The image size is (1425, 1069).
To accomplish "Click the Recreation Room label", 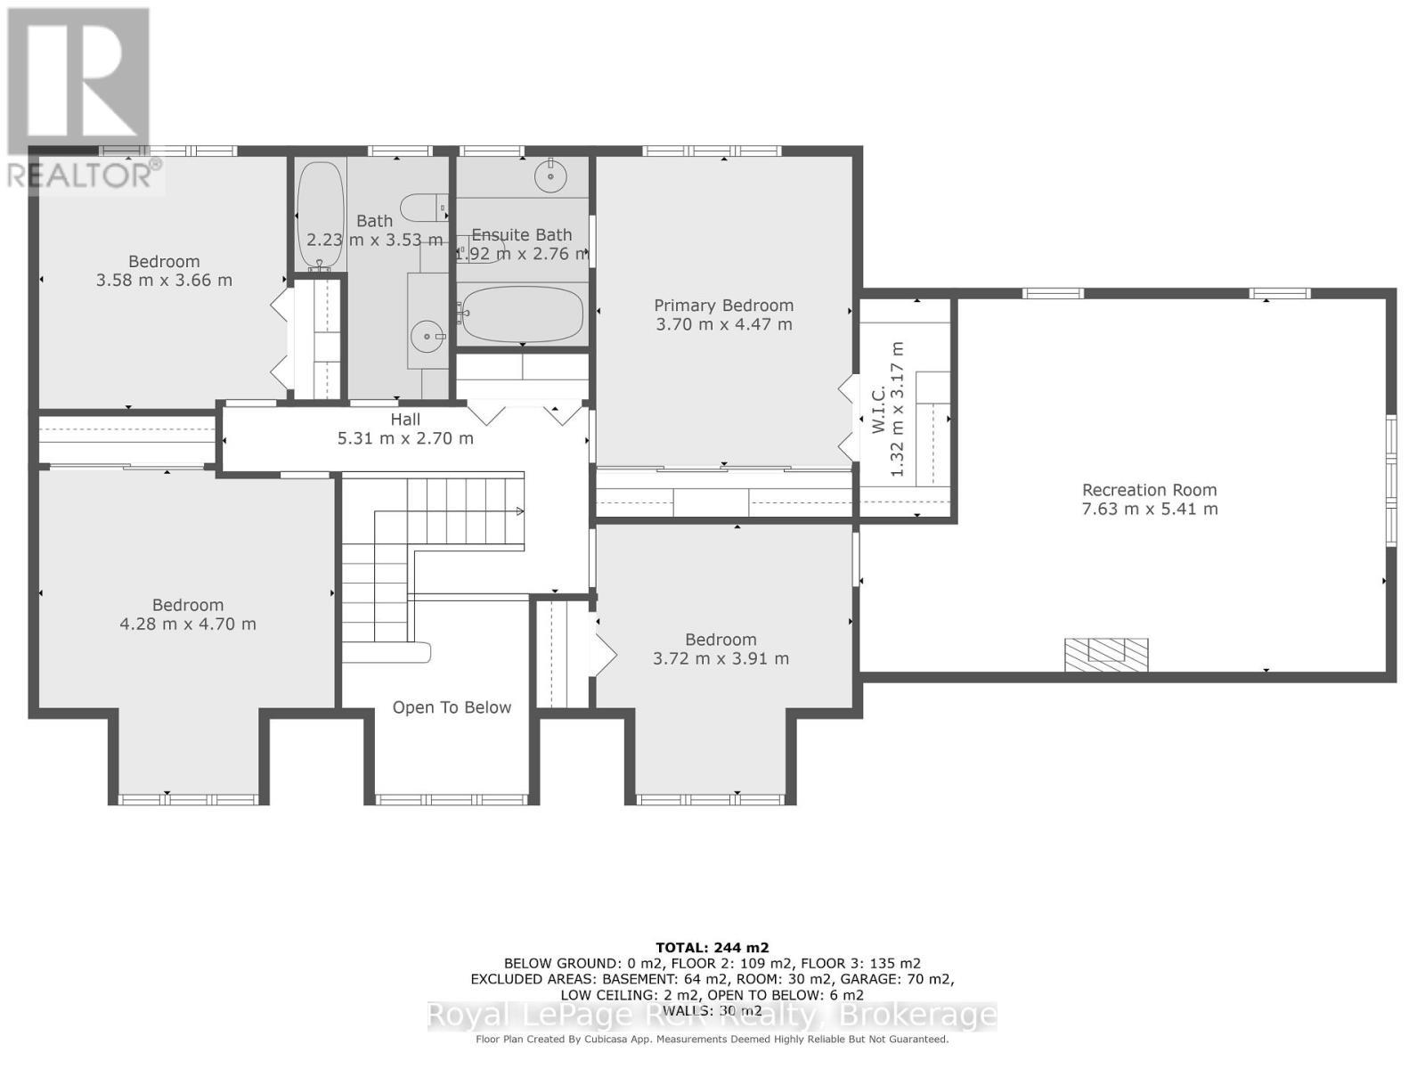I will pyautogui.click(x=1149, y=490).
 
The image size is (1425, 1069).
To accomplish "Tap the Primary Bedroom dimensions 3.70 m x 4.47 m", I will pyautogui.click(x=724, y=324).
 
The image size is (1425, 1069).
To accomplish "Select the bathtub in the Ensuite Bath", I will pyautogui.click(x=523, y=314).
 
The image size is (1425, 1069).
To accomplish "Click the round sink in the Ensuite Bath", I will pyautogui.click(x=551, y=176).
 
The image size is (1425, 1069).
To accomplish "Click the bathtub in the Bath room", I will pyautogui.click(x=321, y=214).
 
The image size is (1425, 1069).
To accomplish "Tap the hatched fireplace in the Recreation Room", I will pyautogui.click(x=1106, y=655).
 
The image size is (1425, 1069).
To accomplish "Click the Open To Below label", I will pyautogui.click(x=452, y=707).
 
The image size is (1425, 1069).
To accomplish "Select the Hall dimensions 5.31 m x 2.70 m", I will pyautogui.click(x=405, y=438).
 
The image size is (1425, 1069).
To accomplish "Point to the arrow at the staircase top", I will pyautogui.click(x=518, y=511).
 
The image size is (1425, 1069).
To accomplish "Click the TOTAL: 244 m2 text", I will pyautogui.click(x=712, y=948).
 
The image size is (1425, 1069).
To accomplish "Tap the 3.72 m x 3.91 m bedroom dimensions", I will pyautogui.click(x=721, y=659).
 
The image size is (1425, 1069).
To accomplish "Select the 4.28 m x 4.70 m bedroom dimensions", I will pyautogui.click(x=188, y=624).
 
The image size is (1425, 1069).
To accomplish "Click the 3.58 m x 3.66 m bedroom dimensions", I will pyautogui.click(x=164, y=281).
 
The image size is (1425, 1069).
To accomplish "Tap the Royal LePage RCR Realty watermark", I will pyautogui.click(x=712, y=1016).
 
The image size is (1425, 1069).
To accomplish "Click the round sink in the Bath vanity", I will pyautogui.click(x=427, y=336).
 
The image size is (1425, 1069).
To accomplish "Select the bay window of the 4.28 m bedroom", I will pyautogui.click(x=188, y=799).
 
